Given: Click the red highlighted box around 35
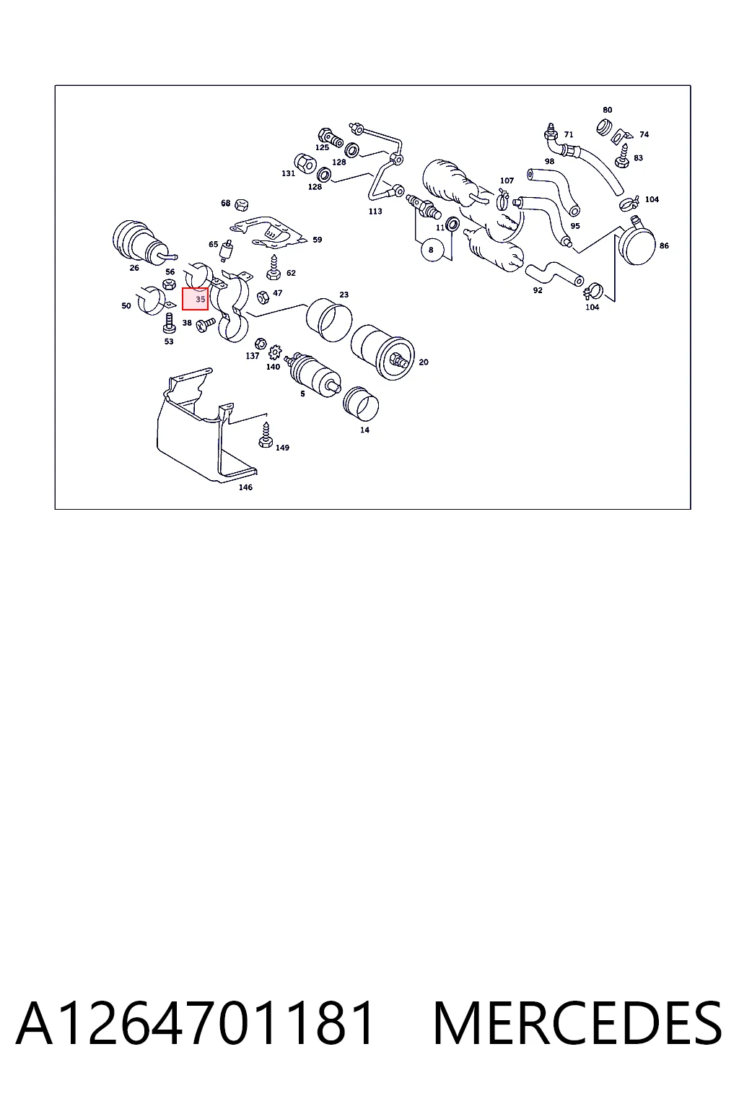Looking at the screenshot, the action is tap(195, 299).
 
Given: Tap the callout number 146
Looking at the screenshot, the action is tap(245, 487).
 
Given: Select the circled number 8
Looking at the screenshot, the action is tap(431, 250).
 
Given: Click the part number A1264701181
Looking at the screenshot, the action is tap(195, 1024).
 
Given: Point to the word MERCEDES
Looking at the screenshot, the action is tap(577, 1024).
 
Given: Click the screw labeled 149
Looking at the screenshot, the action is tap(266, 435).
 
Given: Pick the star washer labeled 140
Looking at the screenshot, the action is tap(275, 353).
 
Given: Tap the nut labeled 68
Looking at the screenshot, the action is tap(242, 204).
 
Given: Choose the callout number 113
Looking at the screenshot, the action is tap(375, 211).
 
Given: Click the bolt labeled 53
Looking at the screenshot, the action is tap(170, 323).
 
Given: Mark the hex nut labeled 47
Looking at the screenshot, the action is tap(263, 297).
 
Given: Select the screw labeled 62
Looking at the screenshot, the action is tap(274, 268).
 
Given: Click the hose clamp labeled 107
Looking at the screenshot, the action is tap(504, 199).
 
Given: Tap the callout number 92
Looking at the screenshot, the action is tap(538, 290).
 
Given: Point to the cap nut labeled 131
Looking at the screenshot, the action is tap(305, 163).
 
